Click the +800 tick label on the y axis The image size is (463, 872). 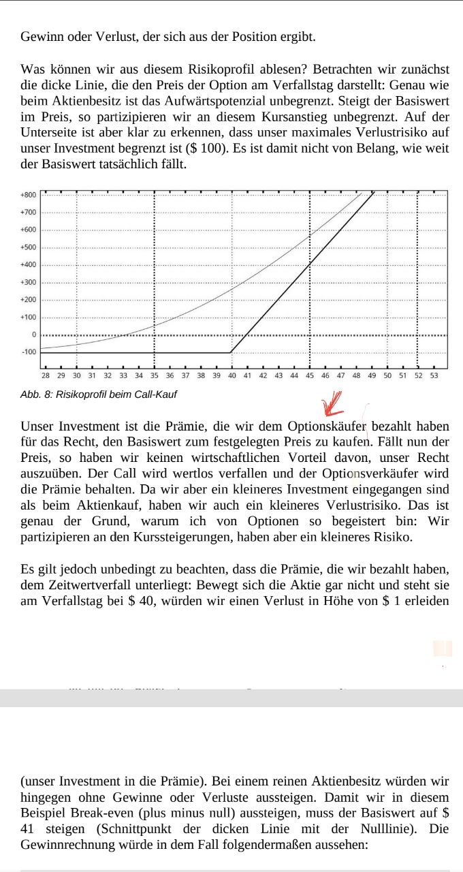click(28, 195)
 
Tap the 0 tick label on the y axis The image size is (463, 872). click(32, 334)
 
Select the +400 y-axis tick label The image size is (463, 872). click(28, 264)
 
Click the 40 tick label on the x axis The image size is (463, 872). click(231, 375)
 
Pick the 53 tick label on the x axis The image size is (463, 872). click(434, 375)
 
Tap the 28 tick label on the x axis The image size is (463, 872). click(45, 375)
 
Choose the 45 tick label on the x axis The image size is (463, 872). click(310, 375)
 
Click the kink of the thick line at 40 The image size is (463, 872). click(231, 352)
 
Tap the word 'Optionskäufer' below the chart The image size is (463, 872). click(327, 427)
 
